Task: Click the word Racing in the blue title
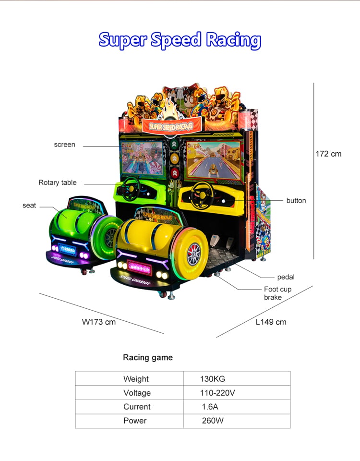(x=233, y=40)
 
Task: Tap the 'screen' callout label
(x=65, y=145)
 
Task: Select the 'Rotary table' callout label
(x=58, y=182)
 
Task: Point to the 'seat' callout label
(x=29, y=206)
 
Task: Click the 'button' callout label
(x=296, y=201)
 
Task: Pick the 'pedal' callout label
(x=286, y=277)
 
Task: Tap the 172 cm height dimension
(x=328, y=154)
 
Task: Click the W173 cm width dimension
(x=99, y=322)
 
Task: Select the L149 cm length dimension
(x=271, y=322)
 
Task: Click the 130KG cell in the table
(x=213, y=379)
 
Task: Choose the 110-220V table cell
(x=217, y=393)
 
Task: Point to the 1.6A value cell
(x=210, y=407)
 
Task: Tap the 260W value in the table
(x=213, y=421)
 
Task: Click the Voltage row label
(x=137, y=393)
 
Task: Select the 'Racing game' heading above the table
(x=148, y=357)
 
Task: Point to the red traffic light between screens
(x=175, y=172)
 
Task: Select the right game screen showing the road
(x=214, y=160)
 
